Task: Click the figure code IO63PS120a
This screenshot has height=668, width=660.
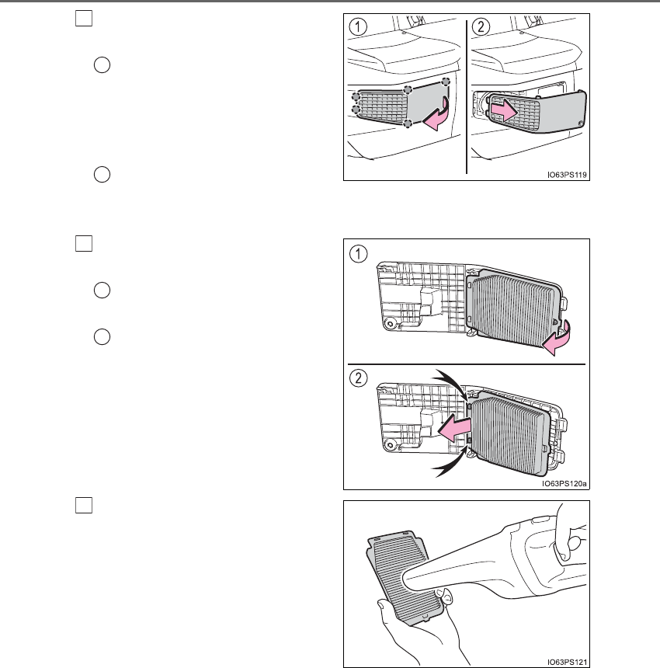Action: [564, 483]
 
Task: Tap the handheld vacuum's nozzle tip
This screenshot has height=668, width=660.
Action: [404, 579]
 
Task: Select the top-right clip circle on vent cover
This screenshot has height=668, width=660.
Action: [446, 82]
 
